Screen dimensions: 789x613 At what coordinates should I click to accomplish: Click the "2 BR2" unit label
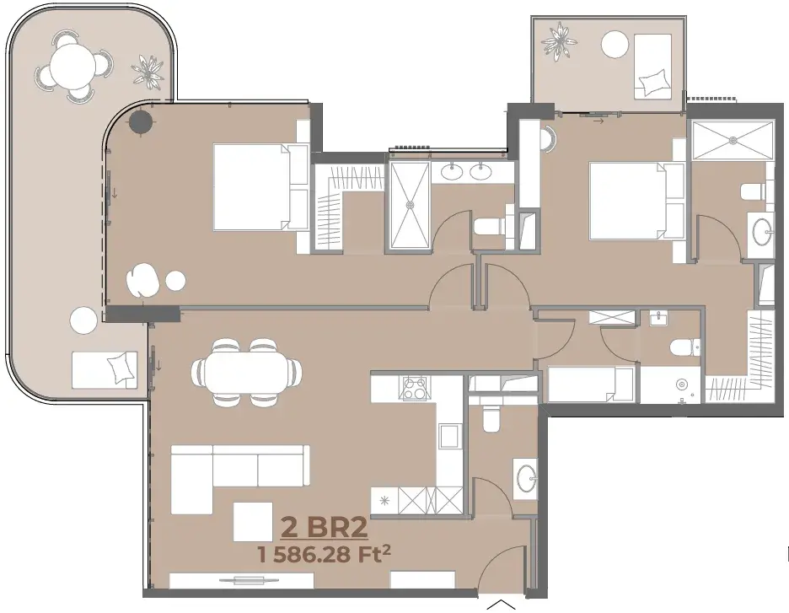point(324,528)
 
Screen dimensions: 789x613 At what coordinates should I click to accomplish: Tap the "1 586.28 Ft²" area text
point(324,554)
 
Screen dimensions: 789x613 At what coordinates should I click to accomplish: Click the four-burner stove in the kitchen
point(415,388)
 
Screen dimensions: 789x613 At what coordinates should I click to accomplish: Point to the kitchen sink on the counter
point(449,435)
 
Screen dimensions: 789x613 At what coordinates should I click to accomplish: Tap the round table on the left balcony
point(72,64)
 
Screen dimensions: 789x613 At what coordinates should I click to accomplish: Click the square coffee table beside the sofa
point(253,522)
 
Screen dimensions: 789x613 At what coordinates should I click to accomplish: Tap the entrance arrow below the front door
point(502,605)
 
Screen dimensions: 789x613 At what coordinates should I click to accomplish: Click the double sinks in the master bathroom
point(466,172)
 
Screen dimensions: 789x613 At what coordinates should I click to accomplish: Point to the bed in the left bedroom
point(261,187)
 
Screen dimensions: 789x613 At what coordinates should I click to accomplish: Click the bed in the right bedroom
point(636,201)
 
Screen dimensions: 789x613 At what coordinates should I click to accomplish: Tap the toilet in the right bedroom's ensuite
point(753,191)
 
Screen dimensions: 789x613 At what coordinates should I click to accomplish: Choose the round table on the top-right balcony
point(615,45)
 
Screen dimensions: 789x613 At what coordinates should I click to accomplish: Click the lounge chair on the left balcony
point(105,369)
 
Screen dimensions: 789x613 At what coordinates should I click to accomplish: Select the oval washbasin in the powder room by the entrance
point(527,476)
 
